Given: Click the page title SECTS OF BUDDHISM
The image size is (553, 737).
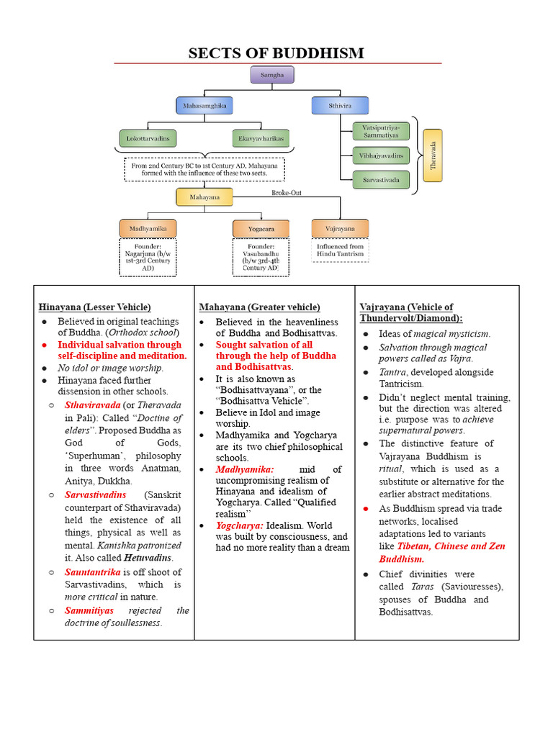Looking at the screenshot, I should [x=276, y=53].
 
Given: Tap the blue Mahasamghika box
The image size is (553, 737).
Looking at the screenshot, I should [x=205, y=106].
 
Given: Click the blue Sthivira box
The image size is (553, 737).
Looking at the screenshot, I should [x=341, y=106].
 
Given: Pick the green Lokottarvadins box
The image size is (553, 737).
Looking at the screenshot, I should [x=148, y=138].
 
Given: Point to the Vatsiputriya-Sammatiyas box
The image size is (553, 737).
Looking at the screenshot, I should [x=381, y=131].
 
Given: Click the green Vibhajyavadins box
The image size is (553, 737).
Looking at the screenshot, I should [x=381, y=155].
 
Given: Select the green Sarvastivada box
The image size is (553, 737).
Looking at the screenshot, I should [x=381, y=179].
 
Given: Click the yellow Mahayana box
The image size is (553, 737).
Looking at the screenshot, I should [x=205, y=196].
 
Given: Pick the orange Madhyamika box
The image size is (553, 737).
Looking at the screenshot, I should [x=148, y=229].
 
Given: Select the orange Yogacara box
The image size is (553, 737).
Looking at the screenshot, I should [x=261, y=229].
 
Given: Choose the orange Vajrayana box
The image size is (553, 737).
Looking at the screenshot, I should [x=341, y=228].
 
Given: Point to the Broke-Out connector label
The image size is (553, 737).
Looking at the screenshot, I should [x=287, y=193].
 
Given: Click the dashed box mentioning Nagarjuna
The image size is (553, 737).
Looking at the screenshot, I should [x=148, y=258].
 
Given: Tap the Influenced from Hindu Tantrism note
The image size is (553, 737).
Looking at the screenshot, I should [x=341, y=250].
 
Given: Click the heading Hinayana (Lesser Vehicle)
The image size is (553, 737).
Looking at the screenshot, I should [x=94, y=307].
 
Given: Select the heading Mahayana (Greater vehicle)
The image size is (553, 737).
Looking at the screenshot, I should [x=259, y=307].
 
